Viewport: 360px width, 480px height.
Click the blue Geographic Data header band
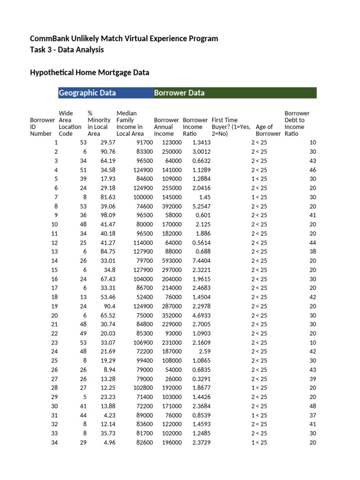click(105, 93)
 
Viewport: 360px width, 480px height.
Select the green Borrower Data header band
click(235, 93)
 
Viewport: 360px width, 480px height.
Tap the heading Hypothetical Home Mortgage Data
click(90, 73)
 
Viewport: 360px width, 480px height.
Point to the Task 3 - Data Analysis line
click(67, 50)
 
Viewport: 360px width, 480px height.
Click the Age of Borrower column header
click(268, 130)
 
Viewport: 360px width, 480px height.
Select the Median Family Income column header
click(130, 123)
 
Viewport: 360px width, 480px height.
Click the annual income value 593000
click(172, 261)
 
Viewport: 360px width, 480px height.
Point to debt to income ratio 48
click(313, 406)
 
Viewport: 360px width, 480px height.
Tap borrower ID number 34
click(54, 442)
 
